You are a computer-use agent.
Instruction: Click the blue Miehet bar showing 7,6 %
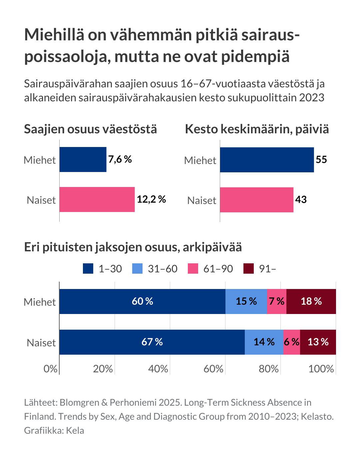click(x=83, y=160)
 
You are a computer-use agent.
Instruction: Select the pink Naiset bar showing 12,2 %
click(x=97, y=199)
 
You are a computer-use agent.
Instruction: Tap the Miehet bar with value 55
click(x=267, y=160)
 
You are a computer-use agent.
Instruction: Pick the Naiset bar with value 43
click(x=256, y=200)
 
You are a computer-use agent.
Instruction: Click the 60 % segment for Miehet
click(x=142, y=301)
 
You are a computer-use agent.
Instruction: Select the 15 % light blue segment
click(x=246, y=301)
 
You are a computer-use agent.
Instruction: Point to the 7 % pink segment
click(x=276, y=301)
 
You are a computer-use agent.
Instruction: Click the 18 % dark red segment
click(x=311, y=301)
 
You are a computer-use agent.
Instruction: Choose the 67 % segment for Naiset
click(x=152, y=342)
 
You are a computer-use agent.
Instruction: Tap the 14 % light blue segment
click(x=264, y=342)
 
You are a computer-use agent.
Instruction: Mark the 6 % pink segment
click(x=291, y=342)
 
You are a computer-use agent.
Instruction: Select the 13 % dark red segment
click(x=318, y=342)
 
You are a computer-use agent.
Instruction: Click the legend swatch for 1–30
click(x=88, y=269)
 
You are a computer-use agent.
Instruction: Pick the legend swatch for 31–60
click(x=137, y=269)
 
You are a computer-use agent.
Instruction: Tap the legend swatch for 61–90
click(x=193, y=269)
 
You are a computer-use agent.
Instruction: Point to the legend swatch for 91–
click(x=248, y=269)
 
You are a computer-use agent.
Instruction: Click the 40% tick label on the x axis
click(x=158, y=369)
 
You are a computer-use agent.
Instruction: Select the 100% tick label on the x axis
click(x=321, y=369)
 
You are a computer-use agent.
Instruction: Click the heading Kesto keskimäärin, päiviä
click(x=257, y=129)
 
